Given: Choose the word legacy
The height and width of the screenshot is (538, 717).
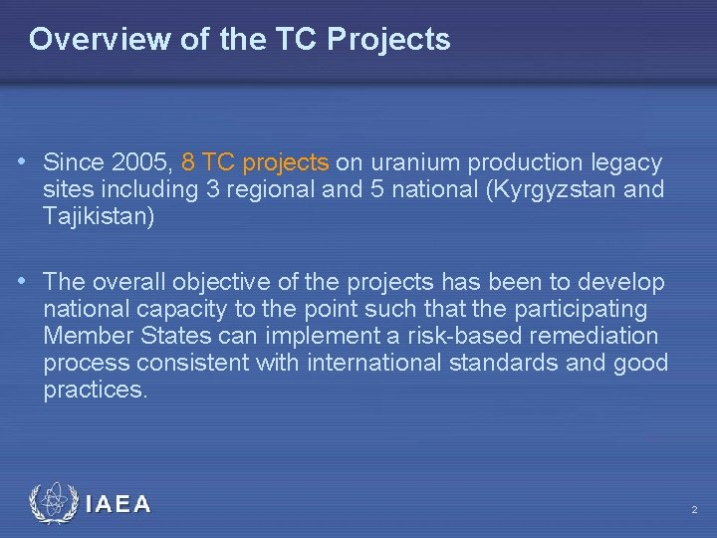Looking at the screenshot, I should click(x=626, y=161).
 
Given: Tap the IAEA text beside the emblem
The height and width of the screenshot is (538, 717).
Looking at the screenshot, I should click(x=118, y=504).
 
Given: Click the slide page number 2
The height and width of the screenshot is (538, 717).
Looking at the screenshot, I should click(x=694, y=510).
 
